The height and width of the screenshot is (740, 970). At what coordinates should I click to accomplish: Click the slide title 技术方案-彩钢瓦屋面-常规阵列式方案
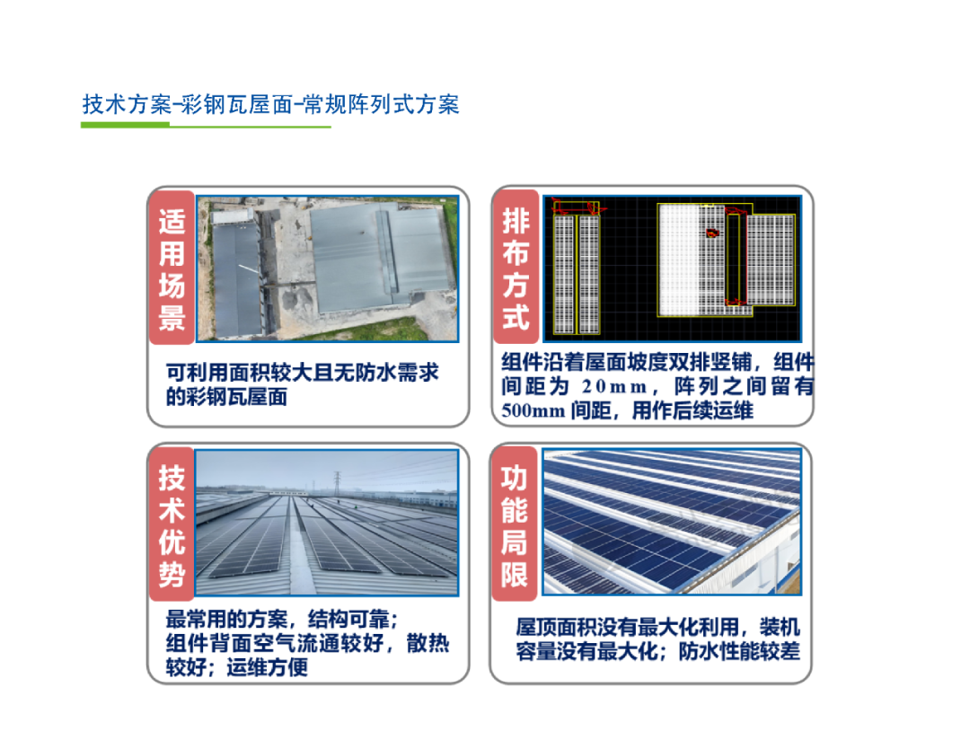271,104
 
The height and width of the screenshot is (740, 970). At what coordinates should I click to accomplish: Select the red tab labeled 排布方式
516,267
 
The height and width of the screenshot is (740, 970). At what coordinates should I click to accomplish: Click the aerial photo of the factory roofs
328,269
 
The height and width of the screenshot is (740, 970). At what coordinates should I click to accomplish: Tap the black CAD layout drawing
672,269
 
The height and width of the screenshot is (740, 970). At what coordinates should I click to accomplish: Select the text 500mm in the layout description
533,410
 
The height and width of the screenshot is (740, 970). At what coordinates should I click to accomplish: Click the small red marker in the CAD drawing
712,233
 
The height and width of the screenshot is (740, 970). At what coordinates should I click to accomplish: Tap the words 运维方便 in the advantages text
268,667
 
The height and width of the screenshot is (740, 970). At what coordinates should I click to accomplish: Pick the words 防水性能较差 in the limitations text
739,651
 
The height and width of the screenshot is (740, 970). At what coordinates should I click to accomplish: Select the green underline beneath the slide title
206,126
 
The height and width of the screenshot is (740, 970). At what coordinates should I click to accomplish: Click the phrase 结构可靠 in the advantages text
348,620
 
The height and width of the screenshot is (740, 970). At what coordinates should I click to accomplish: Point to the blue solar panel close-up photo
672,522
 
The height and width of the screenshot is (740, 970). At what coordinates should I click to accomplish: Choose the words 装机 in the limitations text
780,628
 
